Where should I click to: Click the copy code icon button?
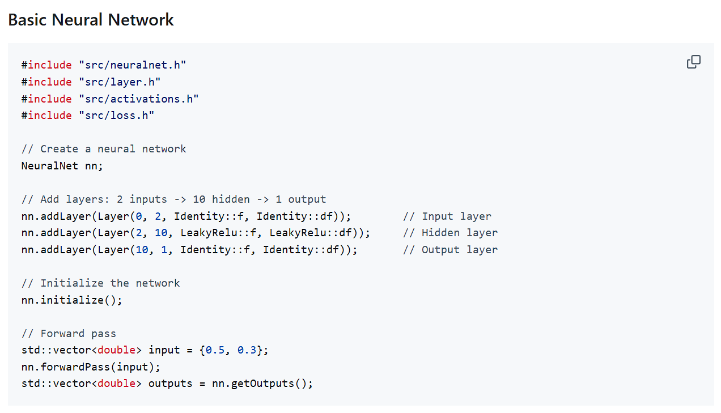click(693, 62)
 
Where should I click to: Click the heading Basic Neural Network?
click(91, 20)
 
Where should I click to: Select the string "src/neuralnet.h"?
click(132, 65)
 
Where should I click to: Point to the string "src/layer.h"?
click(120, 82)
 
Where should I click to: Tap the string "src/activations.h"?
click(139, 99)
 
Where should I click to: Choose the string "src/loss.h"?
click(116, 116)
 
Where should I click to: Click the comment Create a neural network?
click(104, 149)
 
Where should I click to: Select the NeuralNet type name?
click(50, 166)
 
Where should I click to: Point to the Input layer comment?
click(447, 216)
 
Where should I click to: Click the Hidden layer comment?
click(450, 233)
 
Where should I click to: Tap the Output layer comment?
click(450, 250)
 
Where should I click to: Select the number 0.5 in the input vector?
click(215, 350)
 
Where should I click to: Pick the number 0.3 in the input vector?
click(247, 350)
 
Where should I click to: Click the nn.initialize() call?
click(72, 300)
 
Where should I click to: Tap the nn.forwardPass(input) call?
click(91, 367)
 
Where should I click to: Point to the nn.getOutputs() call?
click(262, 384)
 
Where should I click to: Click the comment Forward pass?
click(69, 334)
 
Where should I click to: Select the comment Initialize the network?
click(100, 283)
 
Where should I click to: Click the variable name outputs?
click(171, 384)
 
